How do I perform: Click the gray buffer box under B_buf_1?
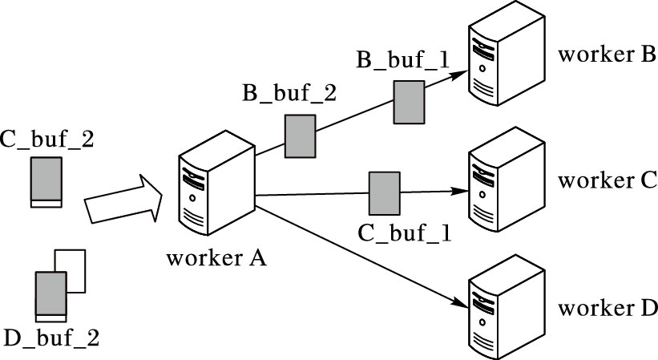(409, 101)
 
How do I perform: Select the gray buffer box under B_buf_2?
(301, 136)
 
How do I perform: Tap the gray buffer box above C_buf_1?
(384, 192)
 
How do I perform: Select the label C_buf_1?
(405, 233)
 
